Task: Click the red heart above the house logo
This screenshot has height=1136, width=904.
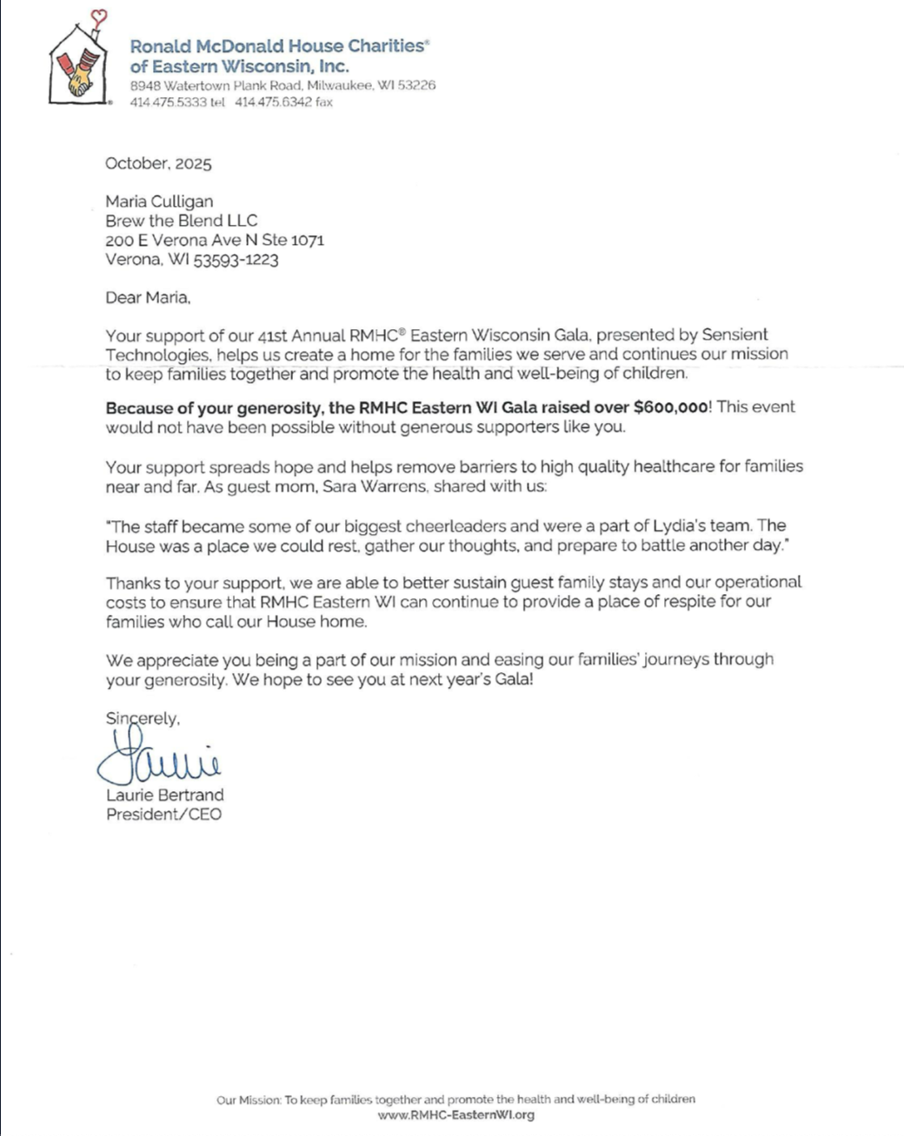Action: point(99,16)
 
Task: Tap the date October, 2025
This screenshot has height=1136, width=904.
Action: point(158,163)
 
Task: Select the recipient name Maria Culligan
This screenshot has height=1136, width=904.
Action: point(159,201)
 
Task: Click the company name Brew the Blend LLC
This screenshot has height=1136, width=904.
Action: point(182,221)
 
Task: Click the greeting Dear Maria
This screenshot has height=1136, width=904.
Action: point(148,298)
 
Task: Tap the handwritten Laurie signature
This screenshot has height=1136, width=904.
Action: point(161,757)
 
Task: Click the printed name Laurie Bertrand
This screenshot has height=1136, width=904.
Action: point(165,795)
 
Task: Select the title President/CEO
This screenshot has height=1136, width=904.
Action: point(163,815)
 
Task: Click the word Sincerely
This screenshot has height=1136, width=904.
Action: point(143,718)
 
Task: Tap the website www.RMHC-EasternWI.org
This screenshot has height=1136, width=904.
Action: point(455,1115)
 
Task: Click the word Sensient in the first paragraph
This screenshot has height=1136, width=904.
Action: point(734,335)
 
